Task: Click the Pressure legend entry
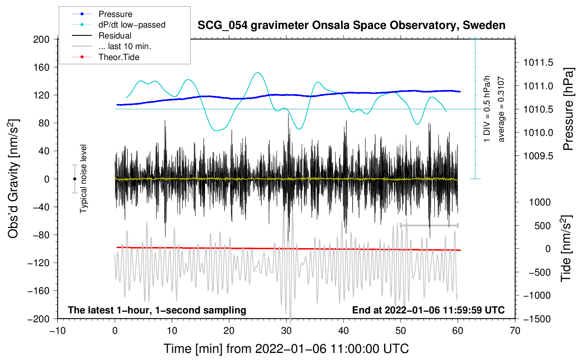(x=115, y=14)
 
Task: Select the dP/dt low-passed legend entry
(x=132, y=25)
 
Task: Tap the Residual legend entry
(x=115, y=36)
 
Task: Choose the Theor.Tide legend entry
(x=119, y=57)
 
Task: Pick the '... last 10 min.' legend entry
(x=125, y=46)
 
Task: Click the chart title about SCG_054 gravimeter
(x=351, y=25)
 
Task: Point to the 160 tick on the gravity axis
(x=41, y=67)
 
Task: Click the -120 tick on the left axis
(x=39, y=263)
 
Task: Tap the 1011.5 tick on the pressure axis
(x=538, y=63)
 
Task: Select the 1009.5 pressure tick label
(x=538, y=156)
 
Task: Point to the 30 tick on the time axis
(x=286, y=331)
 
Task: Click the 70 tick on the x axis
(x=515, y=331)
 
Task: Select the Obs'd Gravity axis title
(x=13, y=179)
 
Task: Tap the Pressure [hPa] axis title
(x=569, y=109)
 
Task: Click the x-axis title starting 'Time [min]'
(x=286, y=349)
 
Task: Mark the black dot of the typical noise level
(x=74, y=179)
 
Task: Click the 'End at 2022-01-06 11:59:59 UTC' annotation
(x=428, y=310)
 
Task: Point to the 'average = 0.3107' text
(x=501, y=109)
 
